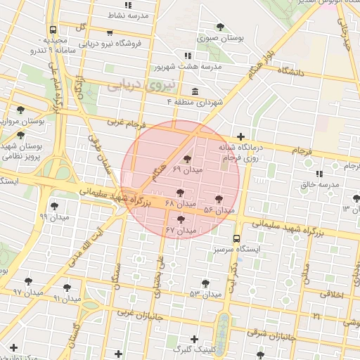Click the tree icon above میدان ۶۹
[x=186, y=160]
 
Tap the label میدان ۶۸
[x=180, y=203]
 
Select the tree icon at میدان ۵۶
[x=219, y=199]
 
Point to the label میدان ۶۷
[x=180, y=231]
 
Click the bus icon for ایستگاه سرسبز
[x=236, y=238]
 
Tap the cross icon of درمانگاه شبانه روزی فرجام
[x=241, y=136]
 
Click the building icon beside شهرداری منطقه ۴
[x=194, y=91]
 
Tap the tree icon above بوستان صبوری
[x=221, y=27]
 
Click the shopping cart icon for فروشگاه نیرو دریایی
[x=110, y=32]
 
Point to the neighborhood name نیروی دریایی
[x=134, y=86]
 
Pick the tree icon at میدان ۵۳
[x=205, y=283]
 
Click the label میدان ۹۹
[x=54, y=217]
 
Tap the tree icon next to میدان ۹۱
[x=67, y=287]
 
